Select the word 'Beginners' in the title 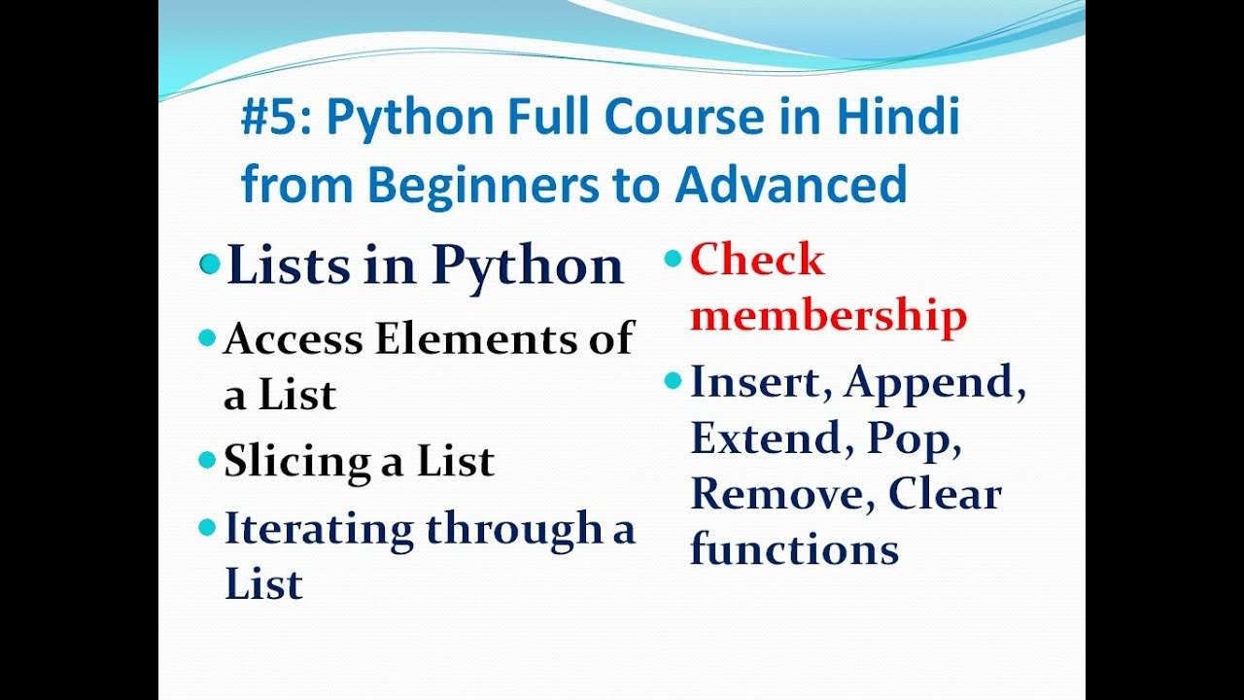pyautogui.click(x=479, y=186)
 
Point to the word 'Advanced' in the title pyautogui.click(x=790, y=184)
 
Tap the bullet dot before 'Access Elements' pyautogui.click(x=206, y=338)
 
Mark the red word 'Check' pyautogui.click(x=757, y=261)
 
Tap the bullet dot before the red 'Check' pyautogui.click(x=673, y=258)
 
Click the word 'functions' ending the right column pyautogui.click(x=794, y=550)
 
